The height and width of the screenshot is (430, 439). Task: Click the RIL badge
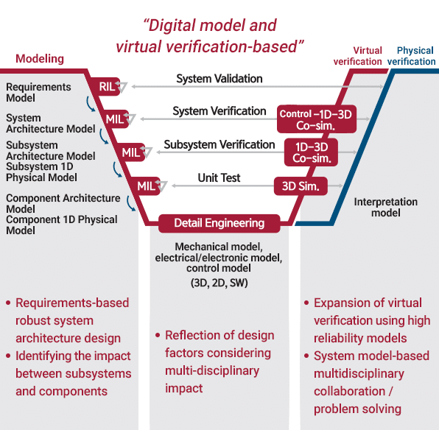[x=107, y=86]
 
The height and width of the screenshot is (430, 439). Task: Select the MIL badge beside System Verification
[x=116, y=119]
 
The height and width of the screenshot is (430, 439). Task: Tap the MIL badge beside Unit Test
[x=147, y=186]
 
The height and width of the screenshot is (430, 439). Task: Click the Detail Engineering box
[x=219, y=223]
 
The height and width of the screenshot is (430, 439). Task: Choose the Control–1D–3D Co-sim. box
[x=317, y=119]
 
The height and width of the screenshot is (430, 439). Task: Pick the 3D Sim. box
[x=301, y=186]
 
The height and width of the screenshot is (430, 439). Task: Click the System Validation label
[x=219, y=79]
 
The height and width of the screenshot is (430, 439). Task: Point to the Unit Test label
[x=219, y=177]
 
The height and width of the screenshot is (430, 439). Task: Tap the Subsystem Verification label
[x=219, y=145]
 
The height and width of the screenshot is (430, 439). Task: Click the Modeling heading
[x=40, y=59]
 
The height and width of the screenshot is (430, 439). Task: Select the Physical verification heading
[x=412, y=56]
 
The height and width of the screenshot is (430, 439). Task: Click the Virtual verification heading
[x=358, y=56]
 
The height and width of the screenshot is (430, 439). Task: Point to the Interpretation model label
[x=386, y=207]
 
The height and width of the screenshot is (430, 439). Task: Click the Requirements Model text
[x=38, y=92]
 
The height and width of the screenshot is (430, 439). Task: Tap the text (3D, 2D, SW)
[x=219, y=283]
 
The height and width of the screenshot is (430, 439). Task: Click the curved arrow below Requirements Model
[x=90, y=105]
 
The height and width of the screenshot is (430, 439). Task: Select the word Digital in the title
[x=172, y=26]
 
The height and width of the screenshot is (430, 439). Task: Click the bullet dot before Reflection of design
[x=158, y=335]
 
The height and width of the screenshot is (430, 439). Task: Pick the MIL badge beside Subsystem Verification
[x=131, y=152]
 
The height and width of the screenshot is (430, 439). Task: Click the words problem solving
[x=357, y=409]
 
